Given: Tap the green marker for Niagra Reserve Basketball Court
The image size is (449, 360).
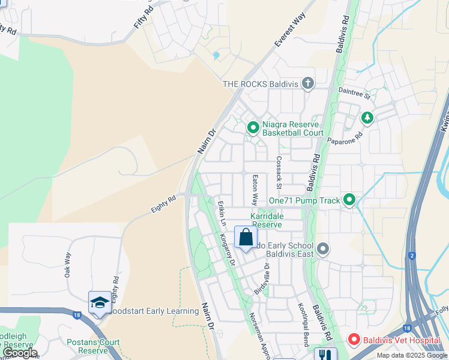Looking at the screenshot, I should click(x=253, y=128).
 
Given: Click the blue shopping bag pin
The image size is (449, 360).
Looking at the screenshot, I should click(x=246, y=238).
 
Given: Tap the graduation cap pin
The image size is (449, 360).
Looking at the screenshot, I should click(x=99, y=302).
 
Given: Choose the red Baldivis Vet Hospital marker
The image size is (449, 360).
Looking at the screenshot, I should click(x=354, y=340).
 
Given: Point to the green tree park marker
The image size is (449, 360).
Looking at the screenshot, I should click(x=367, y=118).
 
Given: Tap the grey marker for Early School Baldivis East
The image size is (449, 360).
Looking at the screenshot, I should click(x=323, y=248).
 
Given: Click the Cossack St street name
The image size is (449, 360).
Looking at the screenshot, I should click(x=279, y=170).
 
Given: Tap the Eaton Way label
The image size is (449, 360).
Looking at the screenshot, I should click(x=255, y=189).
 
